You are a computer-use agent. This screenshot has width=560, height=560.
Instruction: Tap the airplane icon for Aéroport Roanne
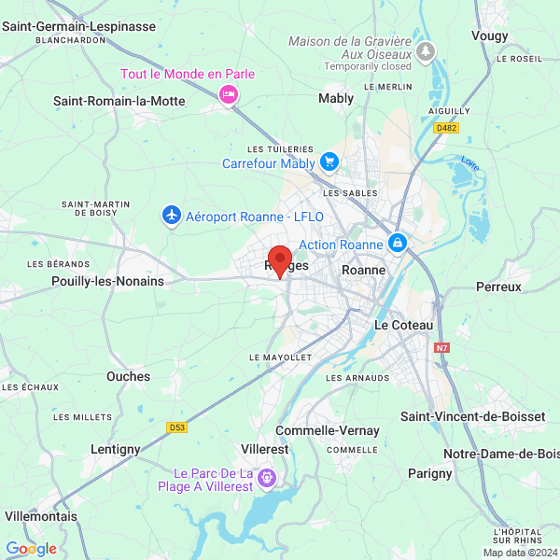pos(171,217)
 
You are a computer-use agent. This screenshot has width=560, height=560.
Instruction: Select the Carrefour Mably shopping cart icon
pos(329,162)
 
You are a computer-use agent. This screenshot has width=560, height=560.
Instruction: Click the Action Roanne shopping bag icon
pos(398,244)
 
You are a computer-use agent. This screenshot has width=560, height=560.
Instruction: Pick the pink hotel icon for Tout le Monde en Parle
pos(228,93)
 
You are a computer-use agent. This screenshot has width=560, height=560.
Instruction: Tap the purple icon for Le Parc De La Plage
pos(268,478)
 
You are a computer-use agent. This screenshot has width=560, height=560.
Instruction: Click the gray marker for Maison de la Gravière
pos(427,49)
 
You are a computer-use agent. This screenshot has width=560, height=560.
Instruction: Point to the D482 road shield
pos(473,129)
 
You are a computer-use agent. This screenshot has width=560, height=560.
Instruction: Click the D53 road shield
pos(177,427)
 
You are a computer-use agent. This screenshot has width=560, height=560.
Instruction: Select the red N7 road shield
pos(442,348)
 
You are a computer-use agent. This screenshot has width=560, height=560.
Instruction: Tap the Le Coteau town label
pos(403,325)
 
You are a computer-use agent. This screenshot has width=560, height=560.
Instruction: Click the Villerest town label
pos(264,449)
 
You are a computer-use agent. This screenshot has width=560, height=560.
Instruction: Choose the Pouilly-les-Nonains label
pos(107,281)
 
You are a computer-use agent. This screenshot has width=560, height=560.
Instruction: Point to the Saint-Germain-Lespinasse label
pos(78,26)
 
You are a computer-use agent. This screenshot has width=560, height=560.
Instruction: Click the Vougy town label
pos(490,35)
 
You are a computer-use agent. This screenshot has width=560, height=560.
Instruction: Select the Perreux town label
pos(498,287)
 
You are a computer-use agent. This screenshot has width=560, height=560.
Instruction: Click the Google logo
pos(31,549)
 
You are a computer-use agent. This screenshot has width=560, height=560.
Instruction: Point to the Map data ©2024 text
pos(518,553)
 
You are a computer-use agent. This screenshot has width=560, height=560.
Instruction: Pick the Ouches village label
pos(128,376)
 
